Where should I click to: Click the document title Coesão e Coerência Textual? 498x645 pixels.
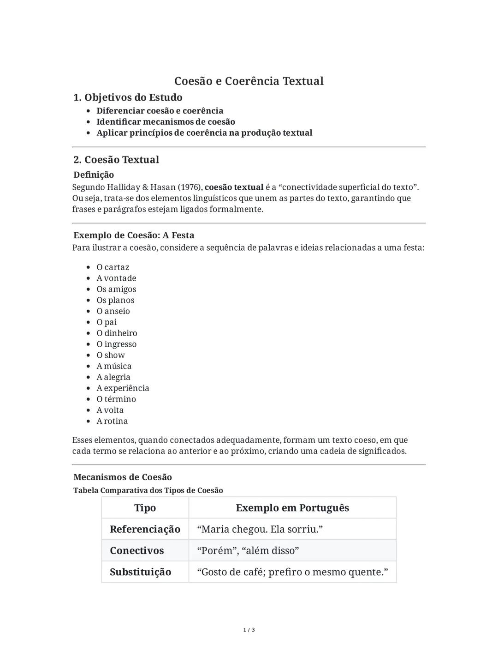click(x=249, y=81)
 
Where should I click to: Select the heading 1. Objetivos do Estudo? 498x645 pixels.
click(x=128, y=97)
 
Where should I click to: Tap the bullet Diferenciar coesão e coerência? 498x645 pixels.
click(x=160, y=111)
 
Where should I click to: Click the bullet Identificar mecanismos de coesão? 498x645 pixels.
click(x=166, y=122)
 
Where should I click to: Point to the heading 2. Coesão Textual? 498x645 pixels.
click(x=116, y=160)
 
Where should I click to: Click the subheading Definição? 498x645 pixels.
click(x=94, y=175)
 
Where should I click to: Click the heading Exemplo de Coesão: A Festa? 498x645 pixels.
click(x=134, y=235)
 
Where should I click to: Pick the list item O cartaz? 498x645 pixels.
click(x=113, y=267)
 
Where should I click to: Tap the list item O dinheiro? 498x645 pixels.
click(x=117, y=333)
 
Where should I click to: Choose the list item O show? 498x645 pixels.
click(x=111, y=355)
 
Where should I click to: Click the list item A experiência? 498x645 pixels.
click(x=123, y=388)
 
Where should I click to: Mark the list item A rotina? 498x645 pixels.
click(x=112, y=421)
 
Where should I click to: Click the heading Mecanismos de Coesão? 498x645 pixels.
click(x=123, y=477)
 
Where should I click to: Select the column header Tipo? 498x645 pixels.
click(x=145, y=508)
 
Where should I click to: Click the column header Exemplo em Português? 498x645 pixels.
click(x=292, y=508)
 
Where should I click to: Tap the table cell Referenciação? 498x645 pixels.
click(x=145, y=529)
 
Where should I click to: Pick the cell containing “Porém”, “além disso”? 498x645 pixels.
click(x=248, y=551)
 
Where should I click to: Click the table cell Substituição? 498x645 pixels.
click(x=140, y=572)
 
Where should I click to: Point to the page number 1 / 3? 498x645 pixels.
click(x=249, y=630)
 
